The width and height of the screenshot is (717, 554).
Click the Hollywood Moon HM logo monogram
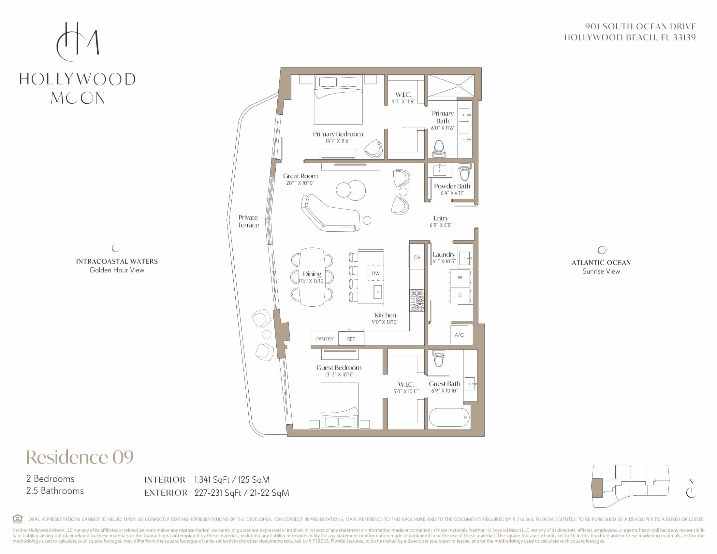(78, 42)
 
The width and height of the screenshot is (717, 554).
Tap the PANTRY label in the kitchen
(325, 339)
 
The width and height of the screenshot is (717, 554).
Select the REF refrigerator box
(351, 338)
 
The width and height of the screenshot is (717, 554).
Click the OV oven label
(417, 257)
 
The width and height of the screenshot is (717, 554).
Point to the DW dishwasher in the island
(375, 273)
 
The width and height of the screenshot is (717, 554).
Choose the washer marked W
(460, 277)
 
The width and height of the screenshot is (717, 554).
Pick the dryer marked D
(460, 295)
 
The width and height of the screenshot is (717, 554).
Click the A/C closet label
(459, 335)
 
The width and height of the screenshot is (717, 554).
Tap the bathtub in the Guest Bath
(449, 417)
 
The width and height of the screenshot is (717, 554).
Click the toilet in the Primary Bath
(439, 149)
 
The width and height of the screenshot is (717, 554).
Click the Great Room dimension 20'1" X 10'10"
(300, 183)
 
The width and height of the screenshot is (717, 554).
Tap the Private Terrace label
(248, 221)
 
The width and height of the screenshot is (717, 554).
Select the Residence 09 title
(80, 457)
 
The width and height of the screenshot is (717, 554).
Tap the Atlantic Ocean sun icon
(602, 250)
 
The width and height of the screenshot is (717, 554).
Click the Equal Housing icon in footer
(17, 519)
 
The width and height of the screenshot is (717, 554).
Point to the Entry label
(441, 218)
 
